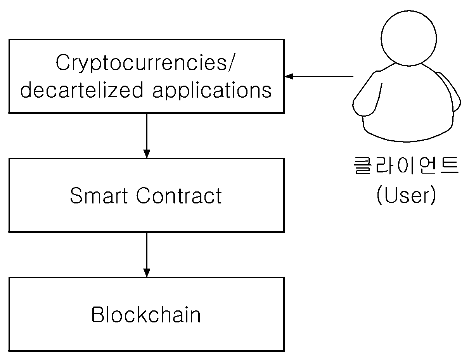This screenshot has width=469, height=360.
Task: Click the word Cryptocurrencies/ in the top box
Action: pos(145,63)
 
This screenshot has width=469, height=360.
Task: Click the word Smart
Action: pos(99,196)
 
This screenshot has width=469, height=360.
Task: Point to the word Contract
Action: pos(179,196)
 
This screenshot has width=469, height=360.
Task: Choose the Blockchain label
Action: pos(146,315)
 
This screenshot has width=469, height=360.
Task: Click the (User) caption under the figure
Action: pos(406,195)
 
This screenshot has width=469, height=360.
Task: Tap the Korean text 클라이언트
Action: pos(406,165)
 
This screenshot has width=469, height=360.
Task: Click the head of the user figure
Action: pos(409,38)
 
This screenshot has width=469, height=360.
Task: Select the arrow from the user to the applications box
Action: pos(319,76)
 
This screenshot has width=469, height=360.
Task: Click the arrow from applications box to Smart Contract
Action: pos(147,136)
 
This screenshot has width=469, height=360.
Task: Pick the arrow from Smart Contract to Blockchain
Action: pos(147,255)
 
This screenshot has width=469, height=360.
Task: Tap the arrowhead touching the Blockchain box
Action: pos(147,273)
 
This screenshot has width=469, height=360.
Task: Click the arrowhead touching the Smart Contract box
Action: pos(147,154)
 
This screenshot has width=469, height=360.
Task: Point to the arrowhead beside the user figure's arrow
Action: pos(289,76)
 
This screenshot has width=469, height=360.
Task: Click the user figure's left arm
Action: pos(367,94)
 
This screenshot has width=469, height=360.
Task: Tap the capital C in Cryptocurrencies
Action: pos(63,62)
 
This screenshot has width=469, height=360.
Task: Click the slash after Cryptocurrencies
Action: pos(231,62)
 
